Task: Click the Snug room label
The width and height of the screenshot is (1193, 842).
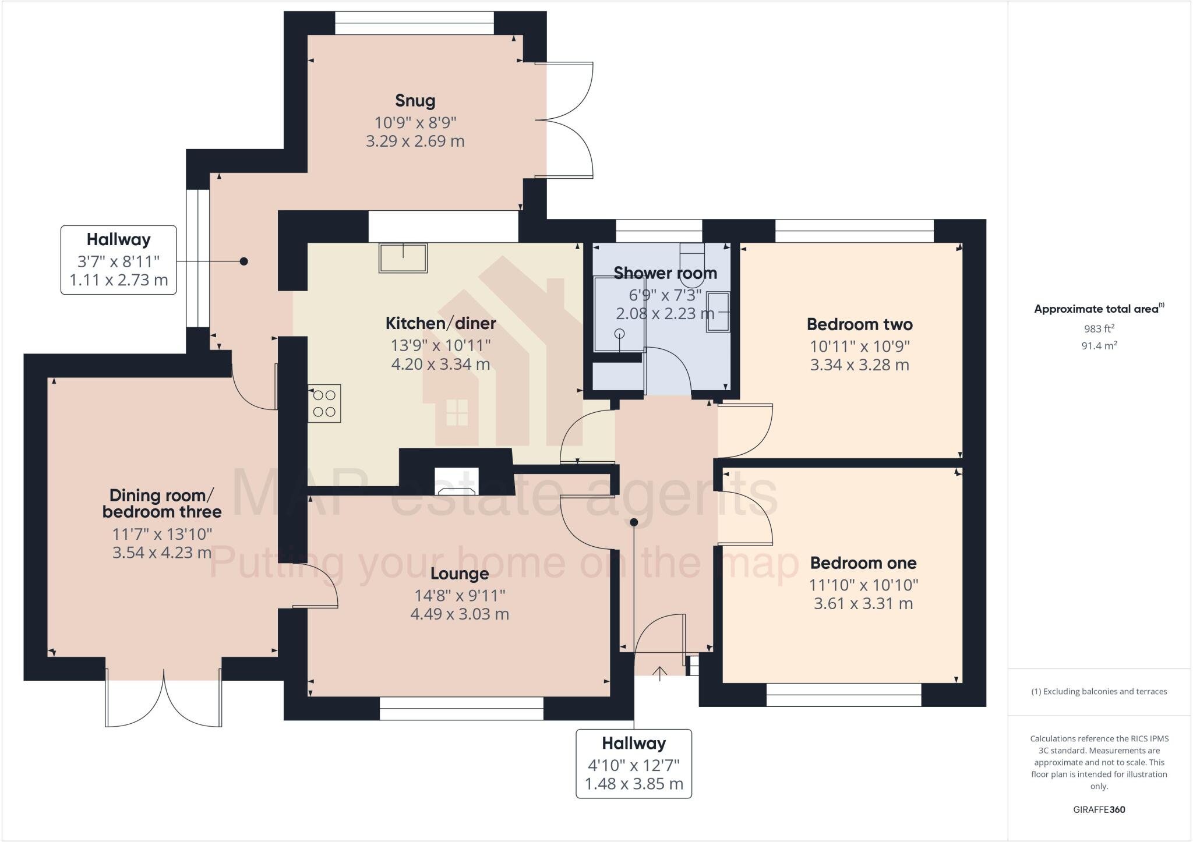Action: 415,101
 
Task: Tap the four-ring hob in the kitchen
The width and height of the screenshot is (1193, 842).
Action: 324,404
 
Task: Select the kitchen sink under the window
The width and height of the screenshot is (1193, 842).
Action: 403,257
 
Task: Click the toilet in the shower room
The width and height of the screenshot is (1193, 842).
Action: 692,262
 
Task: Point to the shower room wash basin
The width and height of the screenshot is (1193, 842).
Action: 718,312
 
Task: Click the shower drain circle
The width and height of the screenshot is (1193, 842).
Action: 620,333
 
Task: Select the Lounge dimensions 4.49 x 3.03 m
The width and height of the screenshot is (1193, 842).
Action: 460,614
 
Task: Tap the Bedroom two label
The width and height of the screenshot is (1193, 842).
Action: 859,324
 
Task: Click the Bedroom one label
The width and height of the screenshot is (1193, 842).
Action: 863,563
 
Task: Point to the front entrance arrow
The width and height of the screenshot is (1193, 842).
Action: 659,674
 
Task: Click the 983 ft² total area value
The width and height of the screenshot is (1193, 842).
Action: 1099,328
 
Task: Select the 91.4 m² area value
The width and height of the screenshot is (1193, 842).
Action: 1099,346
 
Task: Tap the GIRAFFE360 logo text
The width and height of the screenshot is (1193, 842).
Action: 1099,809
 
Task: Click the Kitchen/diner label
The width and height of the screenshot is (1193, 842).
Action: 440,323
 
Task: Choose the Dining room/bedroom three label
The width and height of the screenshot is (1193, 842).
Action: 162,504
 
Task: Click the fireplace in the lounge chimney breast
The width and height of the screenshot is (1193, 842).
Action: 457,482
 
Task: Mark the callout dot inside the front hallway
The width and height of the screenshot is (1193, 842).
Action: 634,522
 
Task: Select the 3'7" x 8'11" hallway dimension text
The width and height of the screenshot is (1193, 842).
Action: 119,260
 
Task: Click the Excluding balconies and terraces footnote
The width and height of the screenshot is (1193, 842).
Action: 1099,692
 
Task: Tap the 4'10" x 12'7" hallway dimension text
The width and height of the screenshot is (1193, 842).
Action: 634,765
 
